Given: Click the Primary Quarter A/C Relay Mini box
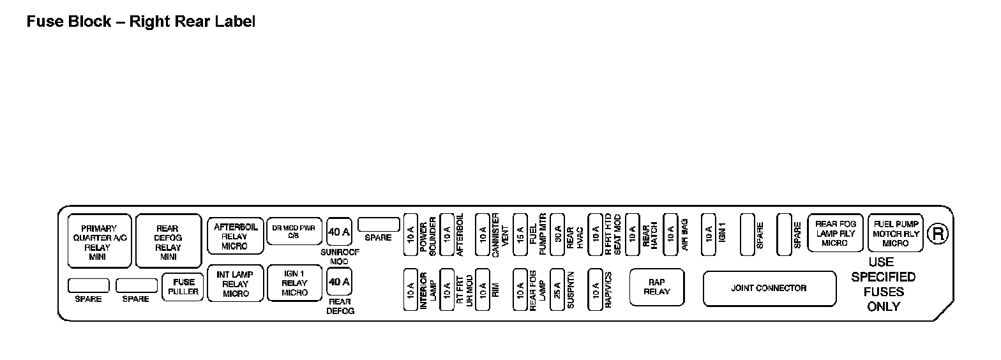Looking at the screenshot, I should click(x=100, y=242).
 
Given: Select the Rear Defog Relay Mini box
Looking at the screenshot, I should click(x=168, y=242).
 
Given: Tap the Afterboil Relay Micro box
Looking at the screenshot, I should click(x=235, y=236).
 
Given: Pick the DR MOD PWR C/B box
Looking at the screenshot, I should click(x=294, y=231).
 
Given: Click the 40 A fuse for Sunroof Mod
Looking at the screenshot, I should click(x=339, y=232).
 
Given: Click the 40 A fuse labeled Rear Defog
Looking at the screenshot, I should click(x=339, y=281).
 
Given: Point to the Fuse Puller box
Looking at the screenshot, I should click(x=183, y=287).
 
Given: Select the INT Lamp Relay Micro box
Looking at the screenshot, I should click(x=235, y=284).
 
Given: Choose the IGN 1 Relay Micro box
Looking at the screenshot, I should click(x=294, y=283).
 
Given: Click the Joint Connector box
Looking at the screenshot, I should click(x=769, y=289).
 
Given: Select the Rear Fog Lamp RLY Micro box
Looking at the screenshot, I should click(x=835, y=234).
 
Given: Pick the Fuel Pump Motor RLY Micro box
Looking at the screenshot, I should click(x=895, y=234).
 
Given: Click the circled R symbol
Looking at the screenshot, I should click(x=938, y=234).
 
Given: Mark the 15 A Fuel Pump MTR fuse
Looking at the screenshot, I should click(x=520, y=234).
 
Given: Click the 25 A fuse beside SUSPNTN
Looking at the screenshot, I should click(x=557, y=289).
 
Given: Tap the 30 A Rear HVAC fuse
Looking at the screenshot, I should click(x=557, y=234).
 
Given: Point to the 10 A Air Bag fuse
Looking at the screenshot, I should click(x=670, y=234).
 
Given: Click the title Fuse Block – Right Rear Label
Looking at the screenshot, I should click(x=140, y=22).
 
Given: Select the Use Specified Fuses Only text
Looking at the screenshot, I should click(x=883, y=284).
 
